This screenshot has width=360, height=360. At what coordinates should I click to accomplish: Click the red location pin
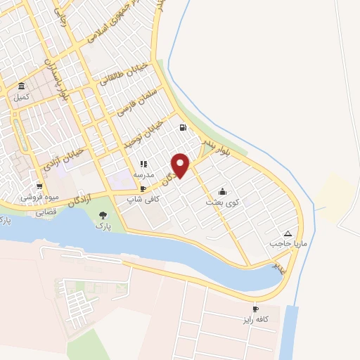click(x=181, y=165)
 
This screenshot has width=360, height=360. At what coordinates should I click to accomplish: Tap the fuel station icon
click(x=184, y=128)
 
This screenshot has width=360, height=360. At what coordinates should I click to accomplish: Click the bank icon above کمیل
click(x=22, y=86)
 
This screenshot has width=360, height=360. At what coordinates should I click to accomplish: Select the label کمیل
click(x=22, y=97)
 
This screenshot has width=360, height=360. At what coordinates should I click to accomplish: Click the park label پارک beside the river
click(x=105, y=227)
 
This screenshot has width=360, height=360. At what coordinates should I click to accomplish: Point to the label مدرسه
click(x=143, y=174)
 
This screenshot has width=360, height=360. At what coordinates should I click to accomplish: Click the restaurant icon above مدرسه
click(x=143, y=164)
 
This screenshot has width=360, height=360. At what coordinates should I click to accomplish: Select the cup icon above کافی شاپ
click(x=143, y=189)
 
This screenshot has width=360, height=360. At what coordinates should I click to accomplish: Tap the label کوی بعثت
click(x=222, y=202)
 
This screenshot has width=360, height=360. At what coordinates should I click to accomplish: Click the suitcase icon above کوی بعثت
click(x=222, y=191)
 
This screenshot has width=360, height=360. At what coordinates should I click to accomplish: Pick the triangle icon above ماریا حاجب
click(x=288, y=233)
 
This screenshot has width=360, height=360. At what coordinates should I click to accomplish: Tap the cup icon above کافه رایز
click(x=255, y=309)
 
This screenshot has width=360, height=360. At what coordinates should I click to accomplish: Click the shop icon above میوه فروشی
click(x=40, y=186)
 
